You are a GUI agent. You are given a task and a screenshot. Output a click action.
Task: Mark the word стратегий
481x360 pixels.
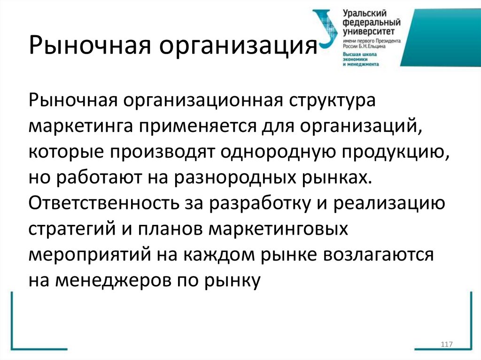tap(69, 229)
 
